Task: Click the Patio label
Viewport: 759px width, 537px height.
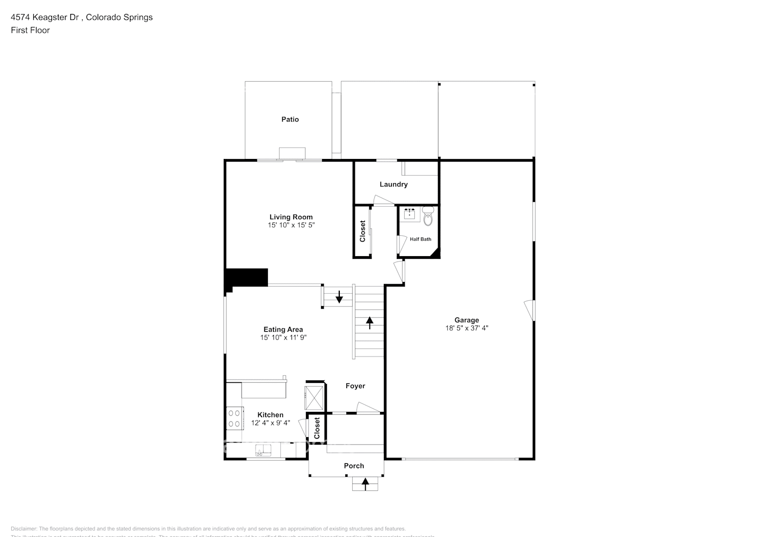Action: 290,119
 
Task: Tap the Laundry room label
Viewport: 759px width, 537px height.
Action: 393,184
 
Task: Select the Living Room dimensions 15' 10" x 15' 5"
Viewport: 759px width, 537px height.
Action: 291,226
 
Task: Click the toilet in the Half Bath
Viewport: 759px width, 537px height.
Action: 428,217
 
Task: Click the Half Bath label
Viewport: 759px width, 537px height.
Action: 420,240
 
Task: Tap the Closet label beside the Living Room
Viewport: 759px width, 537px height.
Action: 362,231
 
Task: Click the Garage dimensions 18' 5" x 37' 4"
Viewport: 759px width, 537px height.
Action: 466,328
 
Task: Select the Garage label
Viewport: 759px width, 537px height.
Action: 466,320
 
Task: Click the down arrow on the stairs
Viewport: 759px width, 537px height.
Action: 339,297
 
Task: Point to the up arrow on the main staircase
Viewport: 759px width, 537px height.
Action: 370,322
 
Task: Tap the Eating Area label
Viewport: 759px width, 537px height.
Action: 283,330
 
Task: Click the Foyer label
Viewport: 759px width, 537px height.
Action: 355,386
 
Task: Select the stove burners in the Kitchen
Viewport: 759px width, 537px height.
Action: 234,418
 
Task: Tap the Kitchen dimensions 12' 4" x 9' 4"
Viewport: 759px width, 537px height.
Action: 271,423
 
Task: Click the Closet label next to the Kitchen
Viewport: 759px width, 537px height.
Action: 317,428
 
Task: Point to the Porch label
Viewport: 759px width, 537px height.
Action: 354,466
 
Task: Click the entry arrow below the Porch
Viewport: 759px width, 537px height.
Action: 365,484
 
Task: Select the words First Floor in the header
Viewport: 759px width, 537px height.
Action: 30,30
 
